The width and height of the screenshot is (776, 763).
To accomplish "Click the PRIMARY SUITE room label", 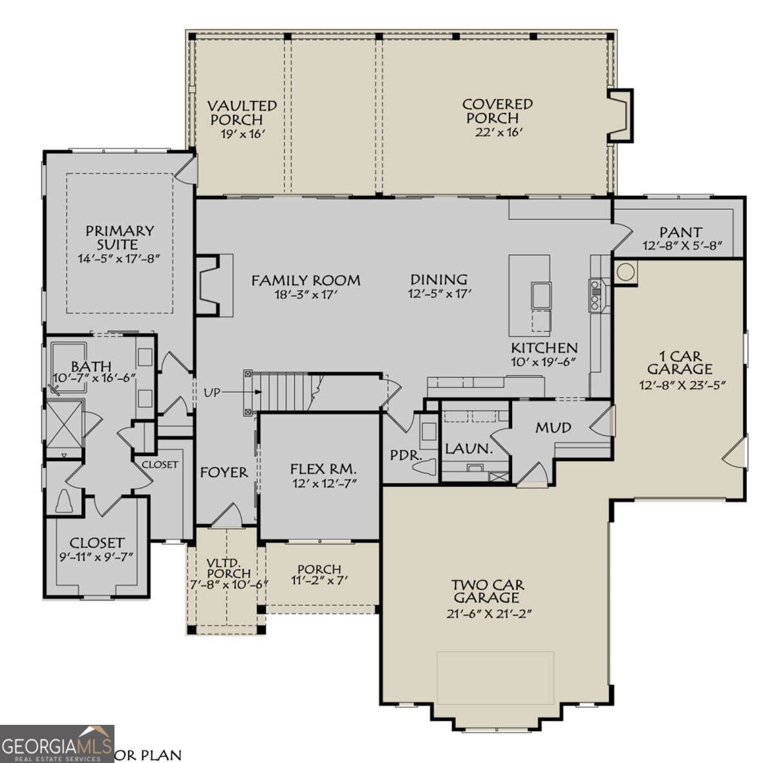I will [120, 237].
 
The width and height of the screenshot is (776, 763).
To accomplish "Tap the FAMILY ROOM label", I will [305, 281].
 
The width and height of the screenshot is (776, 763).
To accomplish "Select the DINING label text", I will [438, 279].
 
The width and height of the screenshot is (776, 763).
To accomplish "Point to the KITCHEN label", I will [544, 348].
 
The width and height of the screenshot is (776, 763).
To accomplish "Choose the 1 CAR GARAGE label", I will [680, 363].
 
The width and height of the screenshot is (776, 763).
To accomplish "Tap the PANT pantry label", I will [680, 231].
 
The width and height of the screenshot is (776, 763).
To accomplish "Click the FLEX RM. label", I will [323, 469].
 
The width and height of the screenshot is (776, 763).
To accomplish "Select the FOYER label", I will [224, 473].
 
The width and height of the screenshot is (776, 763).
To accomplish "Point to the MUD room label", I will [553, 427].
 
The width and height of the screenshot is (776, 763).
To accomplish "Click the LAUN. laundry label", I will [469, 448].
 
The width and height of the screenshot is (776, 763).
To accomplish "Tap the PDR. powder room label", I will [405, 455].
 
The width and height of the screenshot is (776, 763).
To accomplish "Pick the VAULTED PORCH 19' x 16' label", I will [242, 119].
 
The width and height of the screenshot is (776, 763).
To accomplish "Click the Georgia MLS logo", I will [57, 744].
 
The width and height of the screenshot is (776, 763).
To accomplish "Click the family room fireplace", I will [208, 285].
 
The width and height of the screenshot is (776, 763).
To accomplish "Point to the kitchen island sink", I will [541, 295].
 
